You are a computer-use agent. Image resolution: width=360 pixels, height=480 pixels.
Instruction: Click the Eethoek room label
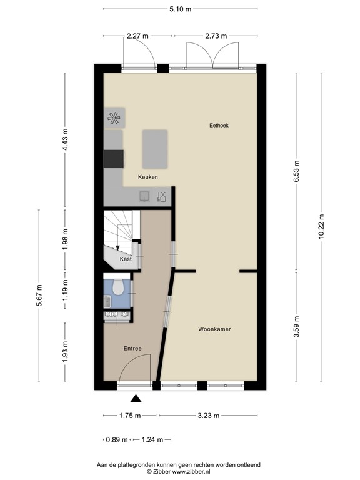[x=219, y=126]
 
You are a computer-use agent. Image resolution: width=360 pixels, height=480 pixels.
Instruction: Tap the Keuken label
[x=148, y=177]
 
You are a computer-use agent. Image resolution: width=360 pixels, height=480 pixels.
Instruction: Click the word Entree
[x=132, y=348]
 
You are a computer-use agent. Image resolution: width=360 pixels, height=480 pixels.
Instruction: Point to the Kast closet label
[x=125, y=258]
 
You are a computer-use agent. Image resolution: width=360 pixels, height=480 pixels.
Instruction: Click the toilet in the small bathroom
[x=117, y=287]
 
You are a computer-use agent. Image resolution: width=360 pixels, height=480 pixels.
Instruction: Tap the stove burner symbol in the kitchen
[x=114, y=117]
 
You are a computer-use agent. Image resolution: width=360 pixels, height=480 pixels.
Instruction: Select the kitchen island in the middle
[x=155, y=149]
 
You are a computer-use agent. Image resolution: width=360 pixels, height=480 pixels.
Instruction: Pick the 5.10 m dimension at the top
[x=180, y=9]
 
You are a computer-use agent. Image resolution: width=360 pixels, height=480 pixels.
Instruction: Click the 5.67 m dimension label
[x=39, y=299]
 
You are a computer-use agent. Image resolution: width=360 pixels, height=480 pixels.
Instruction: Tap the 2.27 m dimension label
[x=137, y=36]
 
